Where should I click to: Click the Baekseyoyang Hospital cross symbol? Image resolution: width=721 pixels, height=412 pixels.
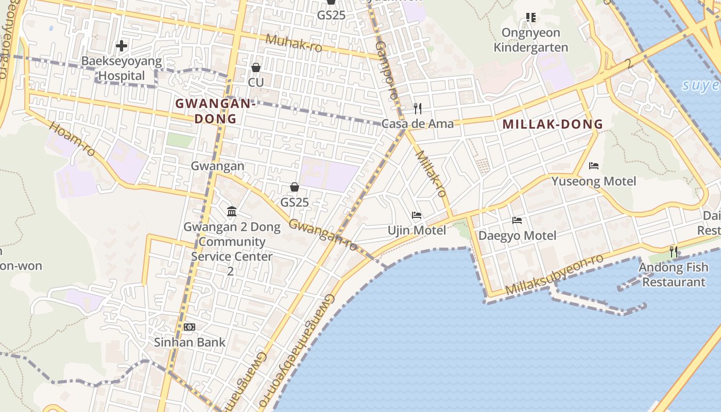pyautogui.click(x=122, y=46)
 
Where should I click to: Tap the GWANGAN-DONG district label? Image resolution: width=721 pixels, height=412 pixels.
pyautogui.click(x=216, y=111)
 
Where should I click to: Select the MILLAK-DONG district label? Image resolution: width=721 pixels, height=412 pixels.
pyautogui.click(x=553, y=124)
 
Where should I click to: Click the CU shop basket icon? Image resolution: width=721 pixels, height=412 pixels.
pyautogui.click(x=255, y=67)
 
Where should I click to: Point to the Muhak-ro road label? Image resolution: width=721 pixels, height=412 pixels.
pyautogui.click(x=294, y=43)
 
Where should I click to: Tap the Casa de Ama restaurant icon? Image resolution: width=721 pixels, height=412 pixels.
pyautogui.click(x=418, y=109)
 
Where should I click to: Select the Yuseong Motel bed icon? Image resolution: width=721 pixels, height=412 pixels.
pyautogui.click(x=594, y=166)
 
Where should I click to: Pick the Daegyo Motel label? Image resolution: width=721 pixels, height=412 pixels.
pyautogui.click(x=518, y=236)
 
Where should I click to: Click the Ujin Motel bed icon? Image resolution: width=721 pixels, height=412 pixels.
pyautogui.click(x=417, y=215)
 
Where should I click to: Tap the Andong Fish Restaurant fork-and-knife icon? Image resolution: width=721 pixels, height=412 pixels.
pyautogui.click(x=674, y=252)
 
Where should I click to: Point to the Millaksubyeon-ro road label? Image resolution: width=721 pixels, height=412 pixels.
pyautogui.click(x=554, y=275)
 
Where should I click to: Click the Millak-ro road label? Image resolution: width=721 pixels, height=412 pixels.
pyautogui.click(x=431, y=174)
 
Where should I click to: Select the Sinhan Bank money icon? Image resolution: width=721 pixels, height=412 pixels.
pyautogui.click(x=190, y=327)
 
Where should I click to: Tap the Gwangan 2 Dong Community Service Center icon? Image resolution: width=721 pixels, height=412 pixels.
pyautogui.click(x=232, y=212)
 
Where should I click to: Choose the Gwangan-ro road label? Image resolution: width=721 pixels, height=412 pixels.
pyautogui.click(x=323, y=235)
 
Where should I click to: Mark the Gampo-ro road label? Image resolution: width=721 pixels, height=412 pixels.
pyautogui.click(x=386, y=70)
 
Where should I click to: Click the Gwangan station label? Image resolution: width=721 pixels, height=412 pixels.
pyautogui.click(x=217, y=166)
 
